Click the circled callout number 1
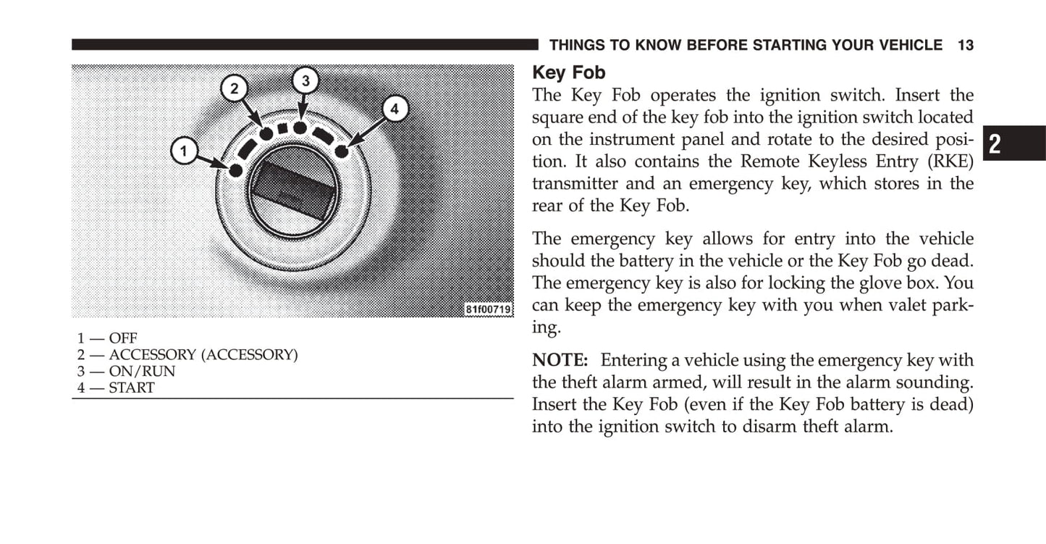click(x=184, y=151)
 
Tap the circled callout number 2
click(x=234, y=89)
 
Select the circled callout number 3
click(x=305, y=80)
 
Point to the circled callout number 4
click(x=394, y=109)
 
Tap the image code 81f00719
click(x=489, y=309)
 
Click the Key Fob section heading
click(x=568, y=72)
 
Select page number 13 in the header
click(x=965, y=46)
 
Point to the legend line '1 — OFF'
click(x=107, y=338)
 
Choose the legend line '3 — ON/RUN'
click(x=127, y=372)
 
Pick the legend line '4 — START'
click(x=116, y=388)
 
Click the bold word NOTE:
click(x=560, y=360)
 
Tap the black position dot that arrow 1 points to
click(x=235, y=170)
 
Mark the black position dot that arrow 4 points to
click(x=342, y=151)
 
